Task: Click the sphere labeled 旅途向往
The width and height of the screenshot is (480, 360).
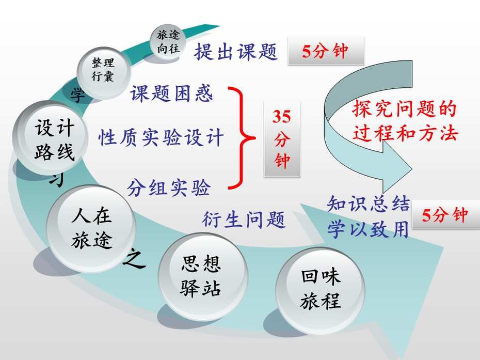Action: pyautogui.click(x=168, y=42)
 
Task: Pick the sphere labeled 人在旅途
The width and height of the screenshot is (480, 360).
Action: pyautogui.click(x=91, y=228)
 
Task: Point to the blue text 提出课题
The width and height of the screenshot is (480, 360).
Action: pyautogui.click(x=236, y=52)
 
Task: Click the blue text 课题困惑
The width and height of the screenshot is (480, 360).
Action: pyautogui.click(x=171, y=93)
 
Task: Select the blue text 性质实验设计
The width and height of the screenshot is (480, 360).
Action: pyautogui.click(x=161, y=137)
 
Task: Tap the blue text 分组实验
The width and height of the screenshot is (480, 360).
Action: pyautogui.click(x=169, y=188)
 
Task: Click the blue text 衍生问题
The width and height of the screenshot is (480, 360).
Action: pyautogui.click(x=244, y=220)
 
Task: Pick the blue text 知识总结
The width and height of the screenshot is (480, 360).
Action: pyautogui.click(x=369, y=204)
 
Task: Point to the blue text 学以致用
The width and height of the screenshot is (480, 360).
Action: pyautogui.click(x=369, y=229)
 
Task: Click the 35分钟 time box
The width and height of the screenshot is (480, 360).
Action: pyautogui.click(x=282, y=138)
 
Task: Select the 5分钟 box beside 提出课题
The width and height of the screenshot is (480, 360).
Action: pyautogui.click(x=326, y=51)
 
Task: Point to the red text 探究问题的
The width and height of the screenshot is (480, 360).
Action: pyautogui.click(x=404, y=109)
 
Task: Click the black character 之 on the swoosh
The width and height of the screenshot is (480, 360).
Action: pyautogui.click(x=134, y=258)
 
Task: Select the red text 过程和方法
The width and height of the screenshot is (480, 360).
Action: pyautogui.click(x=405, y=134)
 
